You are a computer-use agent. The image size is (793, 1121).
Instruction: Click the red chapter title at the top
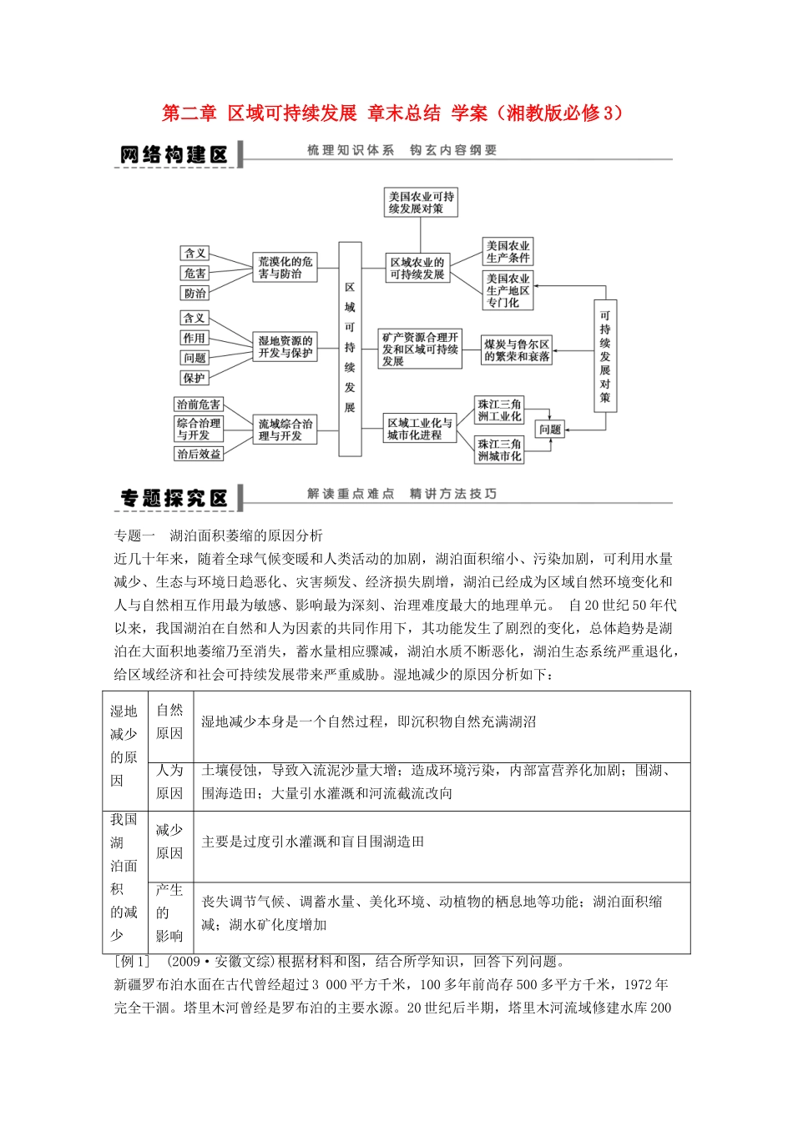click(392, 113)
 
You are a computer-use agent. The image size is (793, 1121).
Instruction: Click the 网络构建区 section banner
click(174, 155)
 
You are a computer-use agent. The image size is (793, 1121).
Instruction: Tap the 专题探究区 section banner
click(174, 499)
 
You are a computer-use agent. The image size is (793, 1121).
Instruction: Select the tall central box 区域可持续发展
click(350, 349)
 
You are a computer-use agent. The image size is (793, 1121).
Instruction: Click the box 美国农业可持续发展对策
click(421, 203)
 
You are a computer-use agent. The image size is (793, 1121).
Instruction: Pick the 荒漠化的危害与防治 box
click(285, 268)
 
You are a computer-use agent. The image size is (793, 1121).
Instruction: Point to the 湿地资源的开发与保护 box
click(285, 347)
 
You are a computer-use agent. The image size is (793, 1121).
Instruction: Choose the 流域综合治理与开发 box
click(285, 430)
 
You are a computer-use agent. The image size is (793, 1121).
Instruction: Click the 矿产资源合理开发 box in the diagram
click(420, 349)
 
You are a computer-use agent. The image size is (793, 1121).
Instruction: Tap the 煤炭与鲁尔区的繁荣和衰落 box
click(517, 349)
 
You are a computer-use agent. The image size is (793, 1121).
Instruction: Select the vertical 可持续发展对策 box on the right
click(605, 356)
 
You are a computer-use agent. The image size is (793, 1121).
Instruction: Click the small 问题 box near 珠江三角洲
click(550, 429)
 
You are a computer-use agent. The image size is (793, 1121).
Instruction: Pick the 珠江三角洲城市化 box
click(499, 450)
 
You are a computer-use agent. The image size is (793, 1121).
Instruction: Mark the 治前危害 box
click(199, 405)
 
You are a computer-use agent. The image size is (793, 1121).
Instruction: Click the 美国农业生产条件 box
click(508, 251)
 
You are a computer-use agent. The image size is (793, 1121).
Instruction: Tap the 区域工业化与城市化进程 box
click(420, 429)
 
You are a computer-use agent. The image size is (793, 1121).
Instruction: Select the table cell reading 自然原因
click(169, 721)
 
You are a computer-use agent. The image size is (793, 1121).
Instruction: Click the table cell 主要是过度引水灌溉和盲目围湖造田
click(313, 842)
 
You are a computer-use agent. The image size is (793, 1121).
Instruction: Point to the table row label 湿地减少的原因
click(124, 745)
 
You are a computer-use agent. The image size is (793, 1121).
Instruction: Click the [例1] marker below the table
click(131, 962)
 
